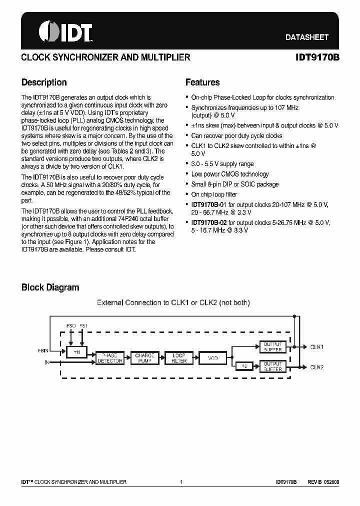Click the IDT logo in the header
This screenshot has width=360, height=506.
coord(65,31)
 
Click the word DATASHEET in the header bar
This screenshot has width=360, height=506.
coord(306,37)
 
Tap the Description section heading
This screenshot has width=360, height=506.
coord(44,82)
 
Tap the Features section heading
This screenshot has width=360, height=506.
coord(202,82)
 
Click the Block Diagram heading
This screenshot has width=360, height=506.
coord(50,287)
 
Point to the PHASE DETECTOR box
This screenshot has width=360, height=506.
coord(110,357)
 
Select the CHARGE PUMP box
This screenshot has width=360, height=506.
coord(144,357)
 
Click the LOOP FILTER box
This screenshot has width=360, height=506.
coord(179,357)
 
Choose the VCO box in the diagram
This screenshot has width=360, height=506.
coord(213,357)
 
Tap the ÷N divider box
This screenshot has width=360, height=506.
coord(76,352)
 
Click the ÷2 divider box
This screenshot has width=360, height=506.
coord(244,366)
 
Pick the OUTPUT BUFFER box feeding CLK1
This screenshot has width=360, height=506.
coord(272,347)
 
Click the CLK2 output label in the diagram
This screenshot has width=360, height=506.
coord(316,367)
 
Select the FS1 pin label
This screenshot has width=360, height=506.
coord(83,326)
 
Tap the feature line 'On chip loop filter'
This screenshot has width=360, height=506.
coord(214,194)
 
